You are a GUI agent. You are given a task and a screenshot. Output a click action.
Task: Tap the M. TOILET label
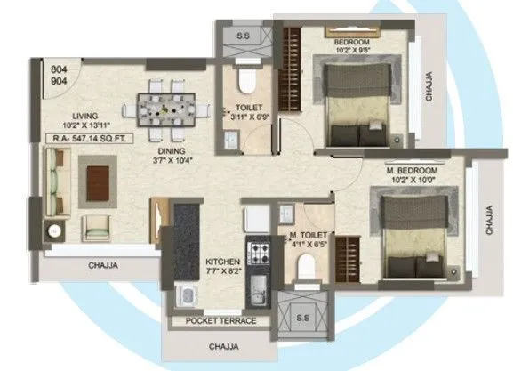coord(306,238)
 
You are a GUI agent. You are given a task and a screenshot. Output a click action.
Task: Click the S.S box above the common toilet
coord(242,36)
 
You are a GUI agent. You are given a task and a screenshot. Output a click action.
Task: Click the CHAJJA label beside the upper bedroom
coord(430,87)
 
